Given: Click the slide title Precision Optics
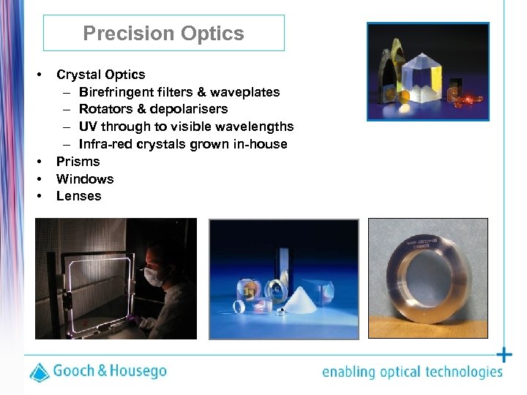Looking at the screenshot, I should pos(163,34).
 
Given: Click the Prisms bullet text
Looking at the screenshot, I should pos(78,162).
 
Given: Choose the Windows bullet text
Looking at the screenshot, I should pos(85,179).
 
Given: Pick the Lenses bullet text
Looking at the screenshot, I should pos(78,197).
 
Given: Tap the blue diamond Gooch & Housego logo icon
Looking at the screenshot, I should pos(40,371).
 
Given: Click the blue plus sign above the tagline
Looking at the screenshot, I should pos(504,355).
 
